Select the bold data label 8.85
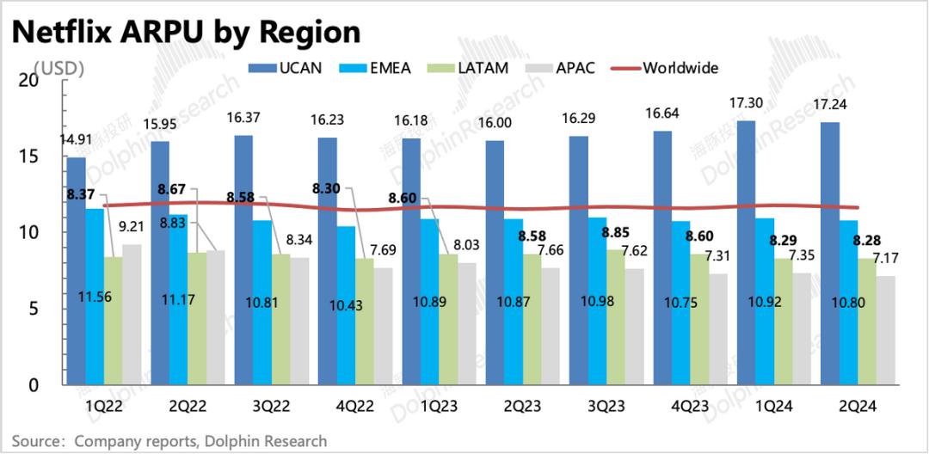616,232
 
